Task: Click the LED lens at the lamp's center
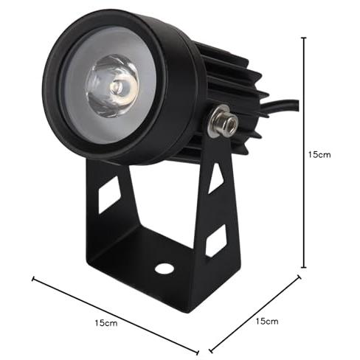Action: tap(113, 86)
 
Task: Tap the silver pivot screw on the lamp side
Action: tap(222, 120)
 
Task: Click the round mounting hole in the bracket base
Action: tap(165, 269)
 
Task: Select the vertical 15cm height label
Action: tap(319, 155)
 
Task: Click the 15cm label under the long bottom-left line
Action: tap(106, 323)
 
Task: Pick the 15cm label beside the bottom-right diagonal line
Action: tap(267, 321)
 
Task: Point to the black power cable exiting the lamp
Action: tap(280, 106)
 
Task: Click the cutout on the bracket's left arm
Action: tap(109, 195)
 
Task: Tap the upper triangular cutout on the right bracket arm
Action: tap(215, 178)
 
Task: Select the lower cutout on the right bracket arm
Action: tap(216, 241)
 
